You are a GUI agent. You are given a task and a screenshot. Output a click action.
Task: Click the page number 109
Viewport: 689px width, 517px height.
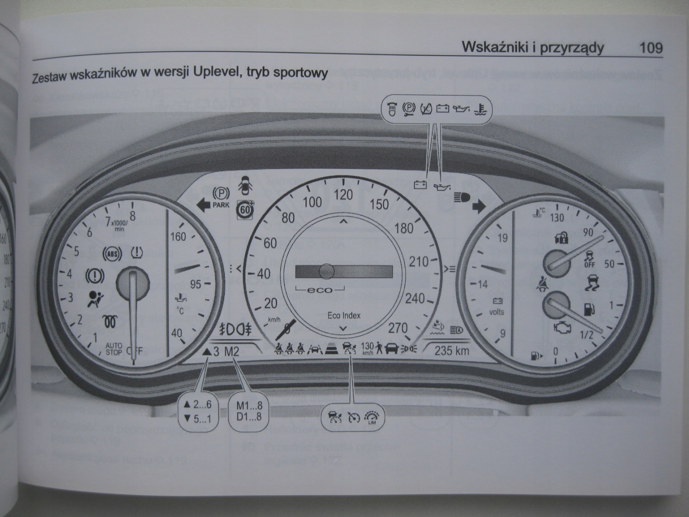pos(650,48)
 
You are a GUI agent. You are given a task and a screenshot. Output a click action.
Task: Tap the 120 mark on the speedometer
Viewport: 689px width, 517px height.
pos(343,195)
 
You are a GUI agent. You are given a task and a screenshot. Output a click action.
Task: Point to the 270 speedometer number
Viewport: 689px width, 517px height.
pos(398,328)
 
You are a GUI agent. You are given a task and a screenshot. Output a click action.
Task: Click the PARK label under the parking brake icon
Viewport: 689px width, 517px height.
pos(221,205)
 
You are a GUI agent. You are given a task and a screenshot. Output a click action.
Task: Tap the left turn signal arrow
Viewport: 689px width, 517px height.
pos(203,204)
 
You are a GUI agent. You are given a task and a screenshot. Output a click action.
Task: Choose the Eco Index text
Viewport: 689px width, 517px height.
pos(344,315)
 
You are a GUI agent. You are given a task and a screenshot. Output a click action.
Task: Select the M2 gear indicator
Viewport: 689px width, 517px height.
pos(232,352)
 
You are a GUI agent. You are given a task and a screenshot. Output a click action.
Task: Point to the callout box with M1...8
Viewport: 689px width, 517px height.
pos(249,410)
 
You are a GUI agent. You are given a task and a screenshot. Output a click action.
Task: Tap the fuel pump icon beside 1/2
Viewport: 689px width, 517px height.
pos(589,309)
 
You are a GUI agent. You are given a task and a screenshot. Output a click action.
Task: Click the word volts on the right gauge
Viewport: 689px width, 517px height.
pos(497,312)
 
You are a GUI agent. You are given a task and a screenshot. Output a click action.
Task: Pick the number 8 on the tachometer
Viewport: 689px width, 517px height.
pos(133,216)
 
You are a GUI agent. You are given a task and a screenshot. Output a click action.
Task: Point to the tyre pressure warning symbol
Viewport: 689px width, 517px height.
pos(138,251)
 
